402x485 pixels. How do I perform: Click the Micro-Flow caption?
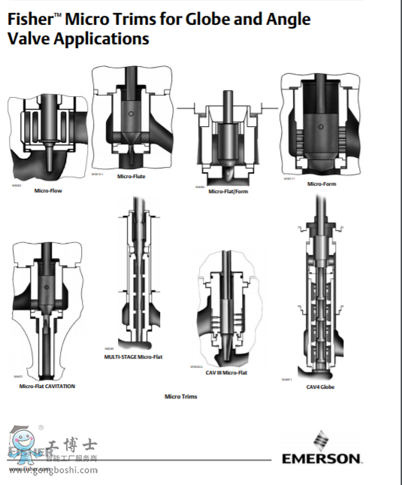click(48, 191)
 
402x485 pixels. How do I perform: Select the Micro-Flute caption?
click(131, 177)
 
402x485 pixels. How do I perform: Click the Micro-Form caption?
click(321, 183)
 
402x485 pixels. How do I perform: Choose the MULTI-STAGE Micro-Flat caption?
click(133, 356)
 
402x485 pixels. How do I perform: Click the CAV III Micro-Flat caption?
click(226, 372)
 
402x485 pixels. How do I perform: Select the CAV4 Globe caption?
click(320, 386)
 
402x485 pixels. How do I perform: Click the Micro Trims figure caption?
click(181, 396)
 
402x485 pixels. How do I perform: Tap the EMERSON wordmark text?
click(322, 458)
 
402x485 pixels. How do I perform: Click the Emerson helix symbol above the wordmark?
click(322, 439)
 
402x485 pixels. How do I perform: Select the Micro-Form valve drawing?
click(321, 124)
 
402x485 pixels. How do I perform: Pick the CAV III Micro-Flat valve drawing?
click(226, 305)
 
